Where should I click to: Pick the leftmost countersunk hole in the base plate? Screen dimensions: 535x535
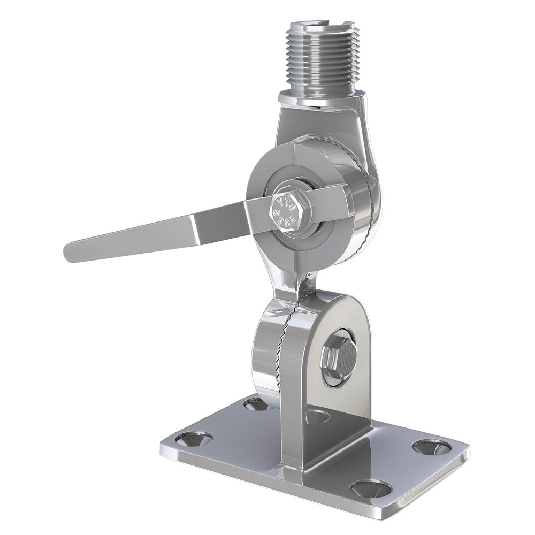tap(194, 439)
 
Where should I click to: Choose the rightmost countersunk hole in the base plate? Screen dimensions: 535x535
tap(431, 447)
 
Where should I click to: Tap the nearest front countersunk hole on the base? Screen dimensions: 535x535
tap(371, 488)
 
